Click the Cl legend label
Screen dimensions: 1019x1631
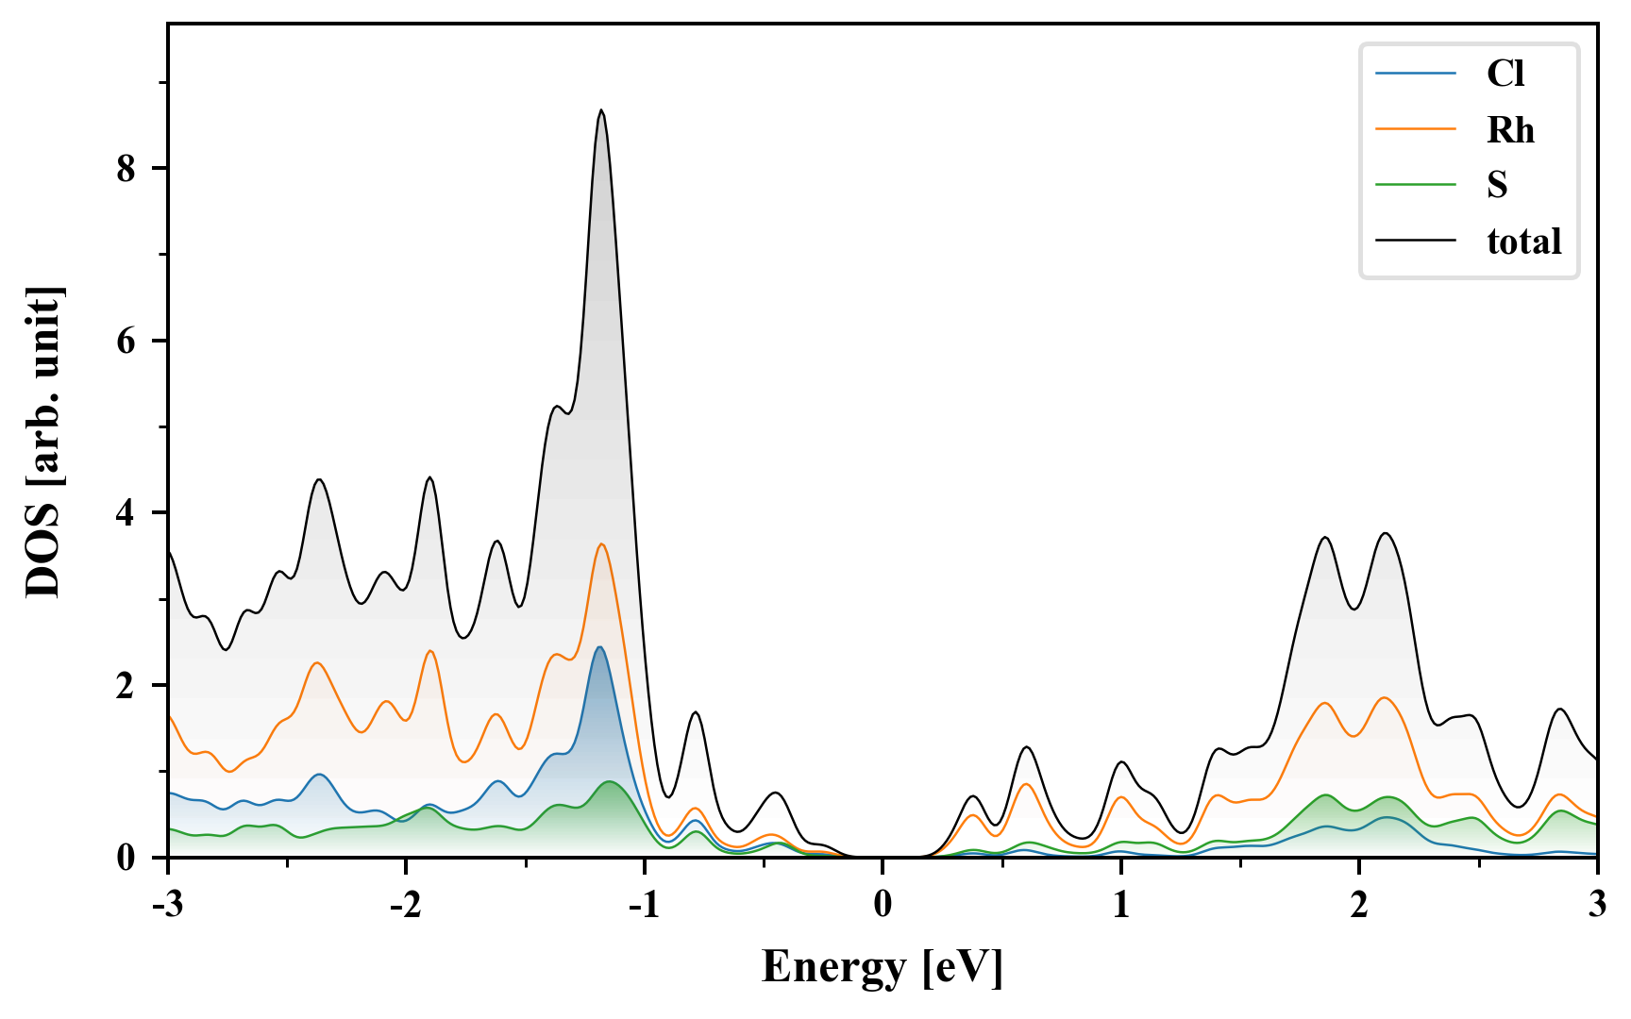pos(1505,74)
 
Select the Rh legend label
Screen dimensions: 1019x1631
pos(1510,130)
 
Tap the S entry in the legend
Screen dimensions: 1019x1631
pos(1497,186)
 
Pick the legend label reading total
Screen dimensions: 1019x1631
pos(1523,242)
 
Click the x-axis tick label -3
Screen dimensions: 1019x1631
pos(167,904)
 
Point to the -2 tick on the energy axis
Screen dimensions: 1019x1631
pos(405,904)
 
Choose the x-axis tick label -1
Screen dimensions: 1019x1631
pos(643,904)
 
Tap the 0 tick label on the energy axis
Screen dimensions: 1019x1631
pos(883,904)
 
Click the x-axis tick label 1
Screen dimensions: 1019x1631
pos(1120,904)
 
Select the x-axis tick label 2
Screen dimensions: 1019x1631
pos(1359,904)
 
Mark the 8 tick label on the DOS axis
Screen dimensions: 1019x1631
pos(126,168)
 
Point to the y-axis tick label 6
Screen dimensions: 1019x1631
pos(126,341)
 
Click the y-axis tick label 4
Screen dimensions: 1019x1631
pos(126,512)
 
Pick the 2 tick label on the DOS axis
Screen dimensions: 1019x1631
pos(126,685)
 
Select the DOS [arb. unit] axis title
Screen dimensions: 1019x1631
pos(43,441)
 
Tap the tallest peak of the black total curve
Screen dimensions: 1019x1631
pos(601,110)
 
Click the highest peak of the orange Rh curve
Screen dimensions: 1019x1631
pos(601,543)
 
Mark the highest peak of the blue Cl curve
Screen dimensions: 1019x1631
pos(598,647)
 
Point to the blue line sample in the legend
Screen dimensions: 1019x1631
pos(1415,74)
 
